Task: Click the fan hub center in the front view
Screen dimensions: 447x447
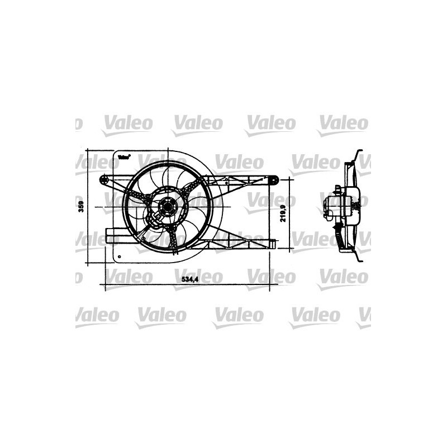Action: pos(166,207)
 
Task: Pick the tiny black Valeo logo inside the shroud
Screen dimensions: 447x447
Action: pos(124,157)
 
